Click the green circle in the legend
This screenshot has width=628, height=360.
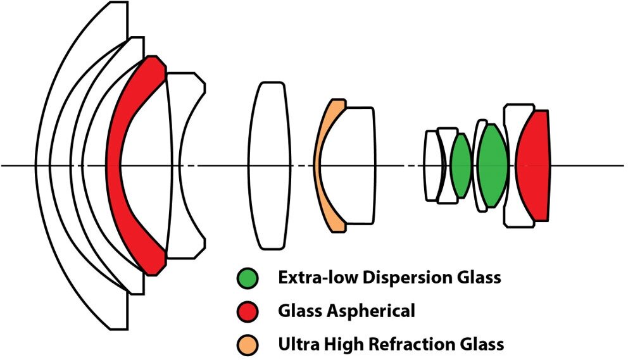[248, 277]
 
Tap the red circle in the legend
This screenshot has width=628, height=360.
[248, 311]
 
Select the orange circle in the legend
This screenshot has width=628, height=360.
[248, 344]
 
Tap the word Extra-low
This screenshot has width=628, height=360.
[311, 277]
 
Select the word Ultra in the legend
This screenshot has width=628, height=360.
[296, 344]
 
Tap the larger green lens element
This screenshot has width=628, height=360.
[491, 166]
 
